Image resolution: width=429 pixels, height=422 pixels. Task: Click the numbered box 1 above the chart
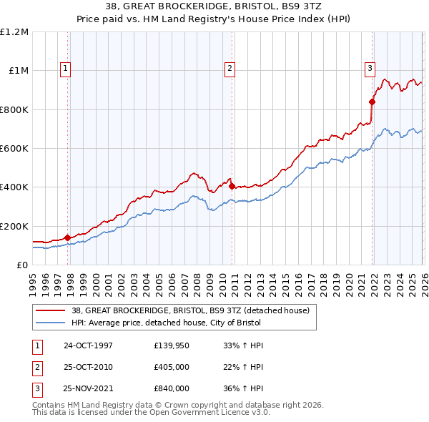65,69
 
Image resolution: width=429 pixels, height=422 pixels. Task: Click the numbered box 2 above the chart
230,69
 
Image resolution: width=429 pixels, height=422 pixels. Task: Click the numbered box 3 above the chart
370,69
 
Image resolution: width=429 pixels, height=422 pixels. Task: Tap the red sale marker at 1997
67,237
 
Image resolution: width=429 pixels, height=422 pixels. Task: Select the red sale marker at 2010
232,186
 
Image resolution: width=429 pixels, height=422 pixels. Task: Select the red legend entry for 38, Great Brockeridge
189,310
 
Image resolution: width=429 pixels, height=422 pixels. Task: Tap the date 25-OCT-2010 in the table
88,367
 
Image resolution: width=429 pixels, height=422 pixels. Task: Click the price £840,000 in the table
172,388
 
